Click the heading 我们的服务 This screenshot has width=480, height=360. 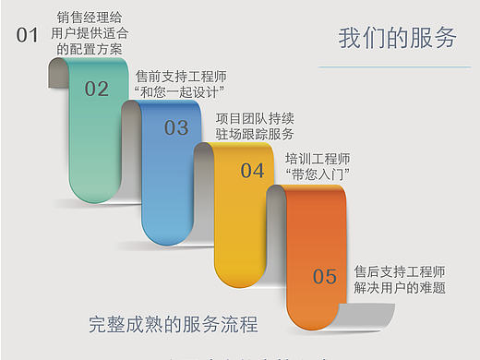(x=397, y=38)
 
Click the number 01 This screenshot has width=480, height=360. (x=28, y=36)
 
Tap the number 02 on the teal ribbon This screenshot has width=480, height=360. (x=97, y=90)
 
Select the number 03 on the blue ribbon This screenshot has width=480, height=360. (x=176, y=128)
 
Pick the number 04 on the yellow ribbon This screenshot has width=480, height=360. (x=252, y=171)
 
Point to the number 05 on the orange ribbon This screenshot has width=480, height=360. (x=324, y=276)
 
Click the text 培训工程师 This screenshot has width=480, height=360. (x=318, y=158)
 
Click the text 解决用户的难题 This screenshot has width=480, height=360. (x=400, y=288)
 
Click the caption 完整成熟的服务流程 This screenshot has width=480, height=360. (x=173, y=324)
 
